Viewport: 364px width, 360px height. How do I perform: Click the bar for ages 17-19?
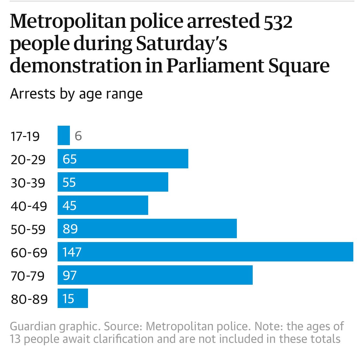(x=63, y=135)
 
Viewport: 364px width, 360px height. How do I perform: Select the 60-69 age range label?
(x=29, y=253)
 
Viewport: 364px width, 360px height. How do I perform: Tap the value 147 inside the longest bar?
(x=72, y=252)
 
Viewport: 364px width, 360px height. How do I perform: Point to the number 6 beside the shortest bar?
(x=78, y=136)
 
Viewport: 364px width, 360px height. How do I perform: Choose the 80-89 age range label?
(x=29, y=299)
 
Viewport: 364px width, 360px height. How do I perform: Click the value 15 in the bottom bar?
(x=69, y=299)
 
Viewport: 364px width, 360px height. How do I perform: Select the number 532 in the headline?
(x=278, y=22)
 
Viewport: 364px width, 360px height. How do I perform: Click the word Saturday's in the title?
(x=182, y=44)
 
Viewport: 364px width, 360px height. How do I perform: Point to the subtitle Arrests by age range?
(x=76, y=94)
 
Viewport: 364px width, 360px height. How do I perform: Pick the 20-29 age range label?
(x=28, y=160)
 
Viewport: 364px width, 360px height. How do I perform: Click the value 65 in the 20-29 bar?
(x=70, y=159)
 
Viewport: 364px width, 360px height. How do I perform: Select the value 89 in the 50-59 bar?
(x=70, y=229)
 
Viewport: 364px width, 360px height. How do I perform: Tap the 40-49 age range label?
(x=29, y=206)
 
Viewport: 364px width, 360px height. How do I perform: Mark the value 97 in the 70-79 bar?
(x=70, y=275)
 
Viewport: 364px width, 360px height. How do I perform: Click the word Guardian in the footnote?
(x=33, y=326)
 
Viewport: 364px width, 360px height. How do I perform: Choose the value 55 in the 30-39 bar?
(x=69, y=182)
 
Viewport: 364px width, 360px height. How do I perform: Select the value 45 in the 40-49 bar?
(x=70, y=206)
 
